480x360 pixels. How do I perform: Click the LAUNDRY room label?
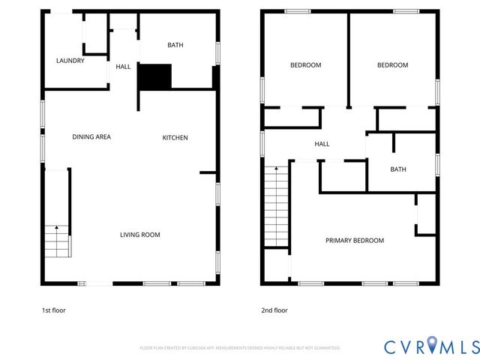[x=70, y=61]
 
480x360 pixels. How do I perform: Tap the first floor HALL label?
[x=123, y=67]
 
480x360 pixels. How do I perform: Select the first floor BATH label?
[x=175, y=45]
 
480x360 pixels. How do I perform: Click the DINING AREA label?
[x=91, y=137]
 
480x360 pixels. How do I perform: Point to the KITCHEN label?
[x=175, y=137]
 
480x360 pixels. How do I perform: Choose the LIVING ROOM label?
[x=140, y=235]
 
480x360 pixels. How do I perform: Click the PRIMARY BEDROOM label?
[x=355, y=241]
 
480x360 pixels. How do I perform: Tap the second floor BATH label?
[x=398, y=169]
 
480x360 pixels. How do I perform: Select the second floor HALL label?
[x=322, y=144]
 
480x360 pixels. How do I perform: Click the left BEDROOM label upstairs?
[x=305, y=65]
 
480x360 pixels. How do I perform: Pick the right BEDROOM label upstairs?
[x=392, y=65]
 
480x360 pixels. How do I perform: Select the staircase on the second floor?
[x=277, y=206]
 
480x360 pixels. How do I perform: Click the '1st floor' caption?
[x=54, y=310]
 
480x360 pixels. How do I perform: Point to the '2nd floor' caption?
[x=274, y=310]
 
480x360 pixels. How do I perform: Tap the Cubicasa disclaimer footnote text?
[x=240, y=348]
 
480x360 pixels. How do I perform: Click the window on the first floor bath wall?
[x=218, y=52]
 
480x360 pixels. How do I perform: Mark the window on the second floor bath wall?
[x=437, y=164]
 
